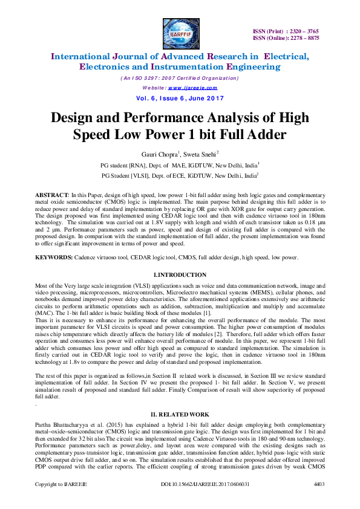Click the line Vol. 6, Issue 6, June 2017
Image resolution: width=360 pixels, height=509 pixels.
tap(180, 99)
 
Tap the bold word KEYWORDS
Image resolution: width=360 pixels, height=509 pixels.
tap(55, 258)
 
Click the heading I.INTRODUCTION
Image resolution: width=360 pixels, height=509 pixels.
tap(180, 275)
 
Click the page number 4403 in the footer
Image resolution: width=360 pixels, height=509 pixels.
tap(319, 501)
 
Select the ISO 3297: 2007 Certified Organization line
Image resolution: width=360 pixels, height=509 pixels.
tap(180, 78)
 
